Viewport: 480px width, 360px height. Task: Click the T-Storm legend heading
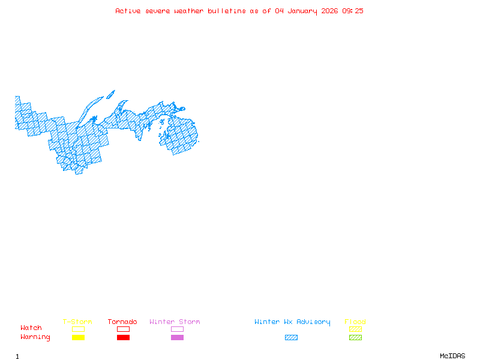[x=77, y=322]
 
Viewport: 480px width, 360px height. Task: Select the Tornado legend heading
[x=122, y=322]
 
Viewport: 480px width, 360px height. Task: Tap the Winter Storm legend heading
[x=175, y=322]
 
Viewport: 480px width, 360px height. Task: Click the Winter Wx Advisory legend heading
[x=292, y=322]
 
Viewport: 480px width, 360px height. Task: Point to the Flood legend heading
[x=355, y=322]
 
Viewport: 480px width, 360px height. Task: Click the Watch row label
[x=31, y=328]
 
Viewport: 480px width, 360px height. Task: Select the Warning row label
[x=35, y=337]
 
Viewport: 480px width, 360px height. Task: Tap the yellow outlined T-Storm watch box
[x=78, y=329]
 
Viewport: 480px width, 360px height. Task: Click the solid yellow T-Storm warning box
[x=78, y=338]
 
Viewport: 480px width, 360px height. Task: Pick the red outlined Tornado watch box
[x=123, y=329]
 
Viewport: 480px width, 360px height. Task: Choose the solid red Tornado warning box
[x=123, y=338]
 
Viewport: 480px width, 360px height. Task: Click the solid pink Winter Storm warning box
[x=177, y=338]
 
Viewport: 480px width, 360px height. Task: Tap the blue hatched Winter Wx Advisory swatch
[x=291, y=338]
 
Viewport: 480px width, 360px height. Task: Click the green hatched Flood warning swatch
[x=355, y=338]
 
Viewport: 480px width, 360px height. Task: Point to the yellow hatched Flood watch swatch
[x=355, y=329]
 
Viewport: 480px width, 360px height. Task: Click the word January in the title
[x=301, y=11]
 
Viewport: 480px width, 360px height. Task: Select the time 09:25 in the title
[x=353, y=11]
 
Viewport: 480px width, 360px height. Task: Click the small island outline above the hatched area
[x=110, y=94]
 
